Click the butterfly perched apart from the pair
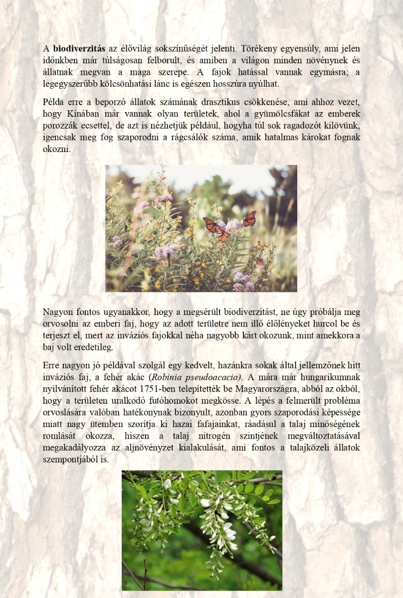point(249,218)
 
